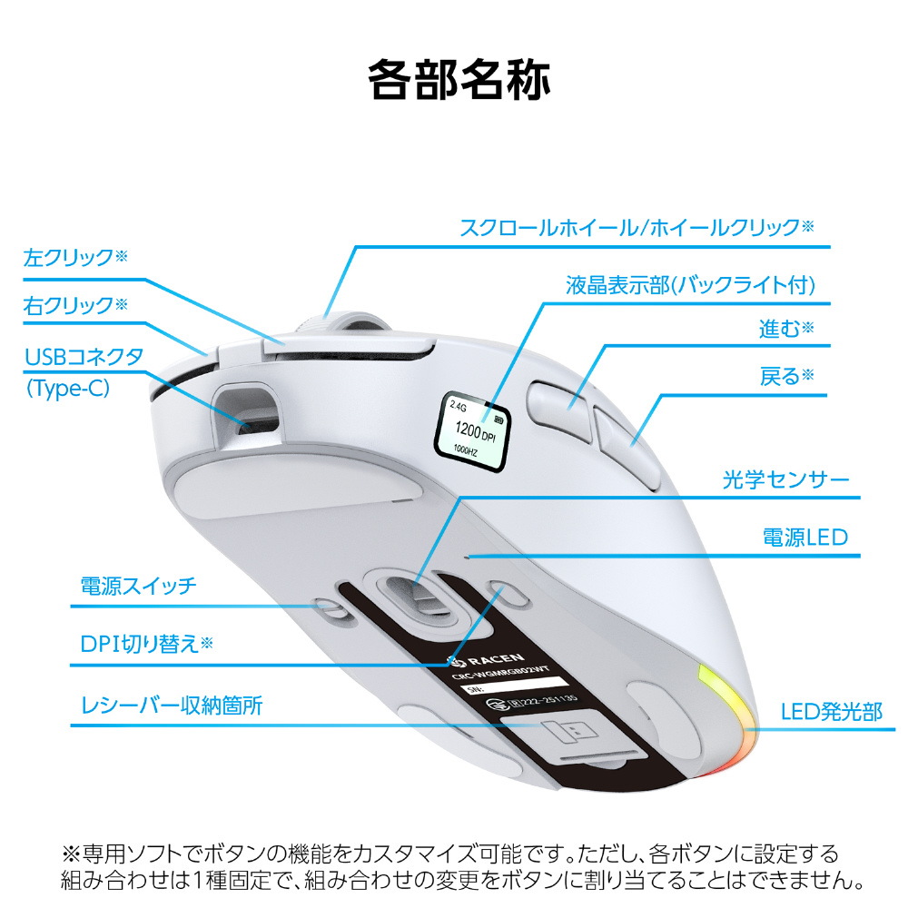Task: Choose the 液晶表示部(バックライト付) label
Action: tap(691, 284)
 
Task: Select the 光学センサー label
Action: tap(785, 479)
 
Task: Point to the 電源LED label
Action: tap(804, 537)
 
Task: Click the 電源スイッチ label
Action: tap(138, 585)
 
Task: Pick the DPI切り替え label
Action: tap(146, 644)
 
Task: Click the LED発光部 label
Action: tap(832, 710)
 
